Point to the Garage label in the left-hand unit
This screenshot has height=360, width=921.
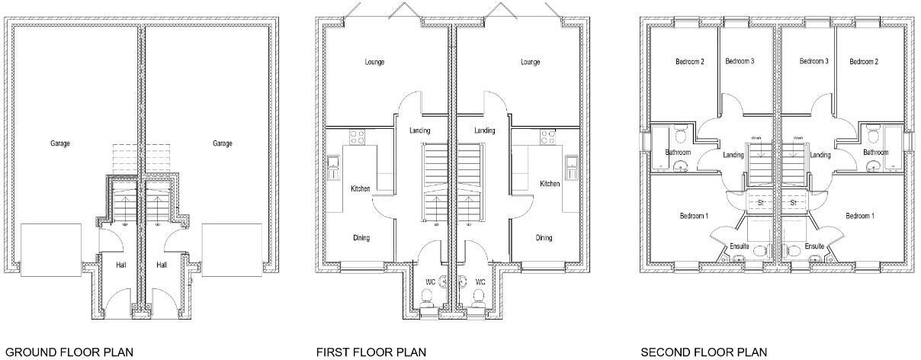point(60,143)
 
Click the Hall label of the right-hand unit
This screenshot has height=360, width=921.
point(162,265)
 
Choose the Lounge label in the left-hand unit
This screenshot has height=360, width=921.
point(374,62)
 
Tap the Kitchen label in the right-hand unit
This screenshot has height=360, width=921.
point(550,184)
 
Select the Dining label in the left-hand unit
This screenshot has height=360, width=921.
point(361,238)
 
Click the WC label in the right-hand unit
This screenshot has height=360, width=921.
point(480,282)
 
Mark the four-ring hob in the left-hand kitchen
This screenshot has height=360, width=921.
point(357,137)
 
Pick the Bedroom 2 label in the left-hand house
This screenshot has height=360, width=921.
point(689,62)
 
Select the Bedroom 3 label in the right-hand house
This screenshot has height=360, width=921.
point(813,61)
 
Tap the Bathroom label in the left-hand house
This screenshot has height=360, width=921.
point(678,153)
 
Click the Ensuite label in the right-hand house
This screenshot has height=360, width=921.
point(814,246)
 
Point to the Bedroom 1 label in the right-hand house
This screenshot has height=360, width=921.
point(860,216)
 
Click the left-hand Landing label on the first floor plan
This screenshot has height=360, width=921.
point(420,130)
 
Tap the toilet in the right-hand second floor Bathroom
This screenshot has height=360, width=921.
point(873,135)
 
